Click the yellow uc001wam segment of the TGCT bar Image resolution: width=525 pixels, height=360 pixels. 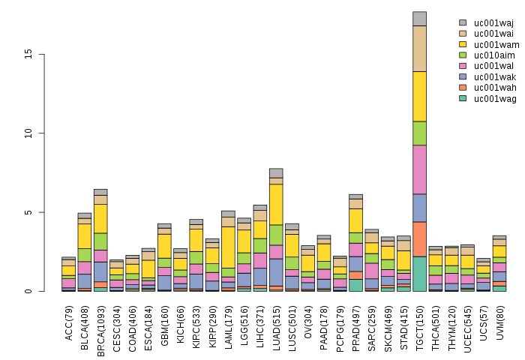coord(419,96)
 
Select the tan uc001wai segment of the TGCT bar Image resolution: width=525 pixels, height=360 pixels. coord(419,49)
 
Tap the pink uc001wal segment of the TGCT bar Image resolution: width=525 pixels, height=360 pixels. coord(419,169)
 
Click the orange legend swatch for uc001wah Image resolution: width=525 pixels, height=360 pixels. coord(463,88)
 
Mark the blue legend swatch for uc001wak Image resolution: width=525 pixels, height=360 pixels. coord(463,76)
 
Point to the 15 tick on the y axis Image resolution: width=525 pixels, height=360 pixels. coord(44,55)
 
